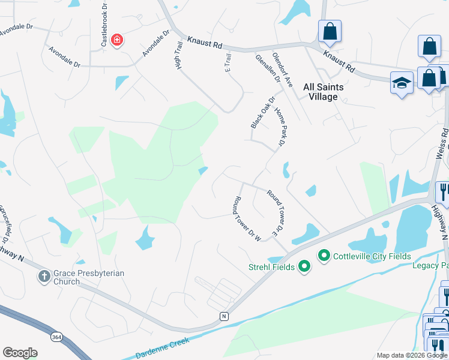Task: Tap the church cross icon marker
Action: coord(43,277)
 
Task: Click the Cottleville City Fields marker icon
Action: coord(324,256)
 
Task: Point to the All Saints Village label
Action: coord(324,92)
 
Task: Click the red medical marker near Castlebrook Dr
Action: coord(117,40)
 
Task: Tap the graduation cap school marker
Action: coord(400,83)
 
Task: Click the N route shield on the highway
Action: coord(224,316)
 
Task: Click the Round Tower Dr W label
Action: coord(246,219)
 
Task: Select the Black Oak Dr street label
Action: coord(262,112)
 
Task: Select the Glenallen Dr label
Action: coord(268,68)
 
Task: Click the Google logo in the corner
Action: coord(20,353)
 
